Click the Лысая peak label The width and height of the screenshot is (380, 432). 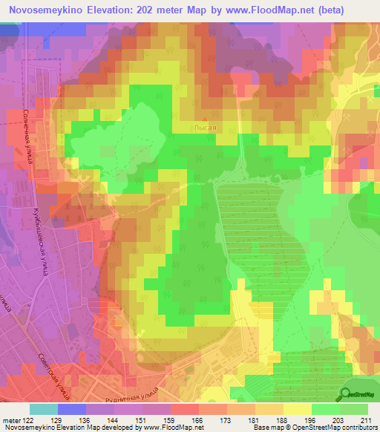pos(205,128)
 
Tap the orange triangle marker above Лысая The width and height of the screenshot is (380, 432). pos(205,117)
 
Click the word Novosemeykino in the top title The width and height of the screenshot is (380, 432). pos(47,10)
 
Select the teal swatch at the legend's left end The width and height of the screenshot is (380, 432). pos(44,410)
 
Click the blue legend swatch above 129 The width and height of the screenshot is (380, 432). pos(72,410)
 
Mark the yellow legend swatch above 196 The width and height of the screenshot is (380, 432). pos(298,410)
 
